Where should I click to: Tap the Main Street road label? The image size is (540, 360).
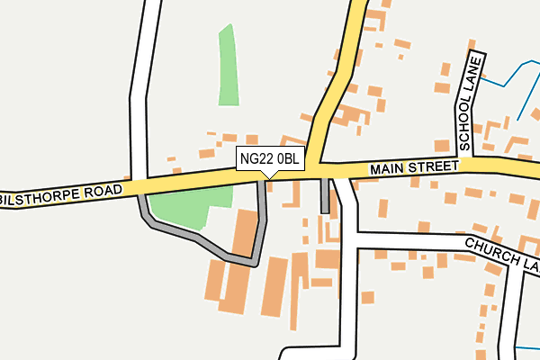coord(414,168)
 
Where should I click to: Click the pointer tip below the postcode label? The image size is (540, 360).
coord(263,175)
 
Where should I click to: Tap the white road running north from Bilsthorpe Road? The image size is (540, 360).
coord(139,90)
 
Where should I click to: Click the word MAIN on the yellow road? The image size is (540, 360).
coord(388,169)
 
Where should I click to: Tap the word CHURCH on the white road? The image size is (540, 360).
coord(487,247)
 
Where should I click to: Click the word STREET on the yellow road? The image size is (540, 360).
coord(433,167)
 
